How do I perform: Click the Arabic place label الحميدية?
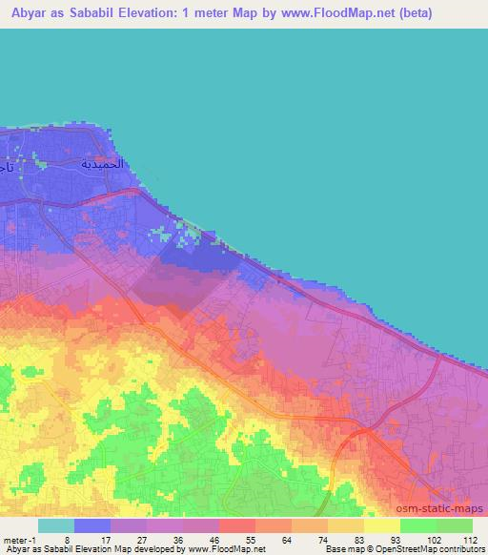pyautogui.click(x=102, y=164)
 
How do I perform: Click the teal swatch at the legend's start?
pyautogui.click(x=55, y=525)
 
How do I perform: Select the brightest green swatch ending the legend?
pyautogui.click(x=455, y=525)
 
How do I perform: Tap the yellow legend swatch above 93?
pyautogui.click(x=382, y=525)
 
